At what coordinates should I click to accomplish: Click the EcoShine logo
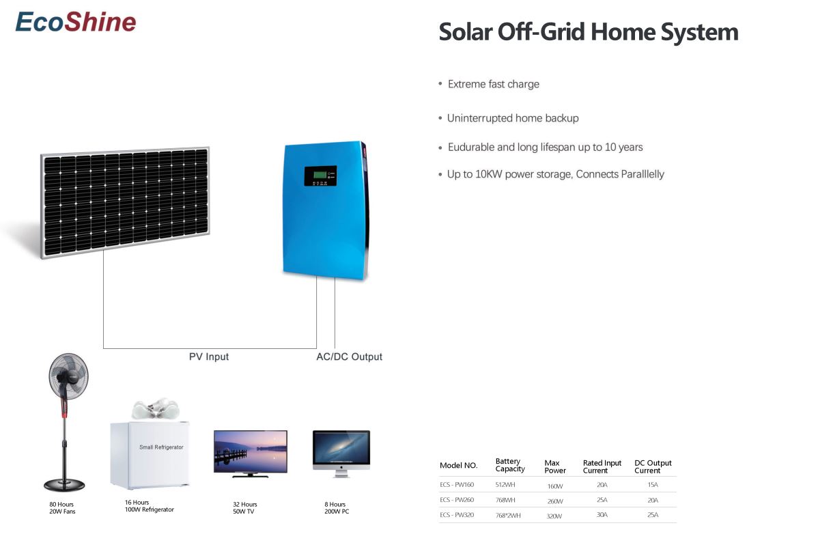76,22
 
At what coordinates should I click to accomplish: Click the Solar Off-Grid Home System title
589,32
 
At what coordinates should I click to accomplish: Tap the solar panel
125,202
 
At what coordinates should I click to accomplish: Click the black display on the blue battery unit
320,176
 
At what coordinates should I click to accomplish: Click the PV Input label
209,356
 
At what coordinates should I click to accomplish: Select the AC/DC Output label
349,356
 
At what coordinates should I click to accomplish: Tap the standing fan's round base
64,485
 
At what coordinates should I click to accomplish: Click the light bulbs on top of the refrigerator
155,408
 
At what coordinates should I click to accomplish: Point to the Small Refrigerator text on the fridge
161,447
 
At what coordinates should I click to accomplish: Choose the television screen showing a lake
251,451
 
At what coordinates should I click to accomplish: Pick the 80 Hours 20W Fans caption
62,508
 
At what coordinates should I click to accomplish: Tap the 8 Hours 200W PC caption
337,508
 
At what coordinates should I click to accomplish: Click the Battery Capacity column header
509,465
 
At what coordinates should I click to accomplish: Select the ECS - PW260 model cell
457,500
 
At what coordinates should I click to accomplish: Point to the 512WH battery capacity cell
505,485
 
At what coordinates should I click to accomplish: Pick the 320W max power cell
554,516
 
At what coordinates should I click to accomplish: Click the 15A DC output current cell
653,485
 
